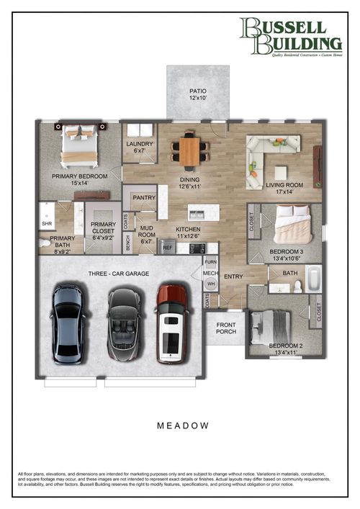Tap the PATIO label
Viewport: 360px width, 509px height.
(x=197, y=94)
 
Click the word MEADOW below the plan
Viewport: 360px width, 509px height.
(x=183, y=425)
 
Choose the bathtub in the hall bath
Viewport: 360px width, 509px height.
(x=314, y=278)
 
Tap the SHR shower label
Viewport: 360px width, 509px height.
(x=47, y=224)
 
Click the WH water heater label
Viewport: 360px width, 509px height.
(x=211, y=284)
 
